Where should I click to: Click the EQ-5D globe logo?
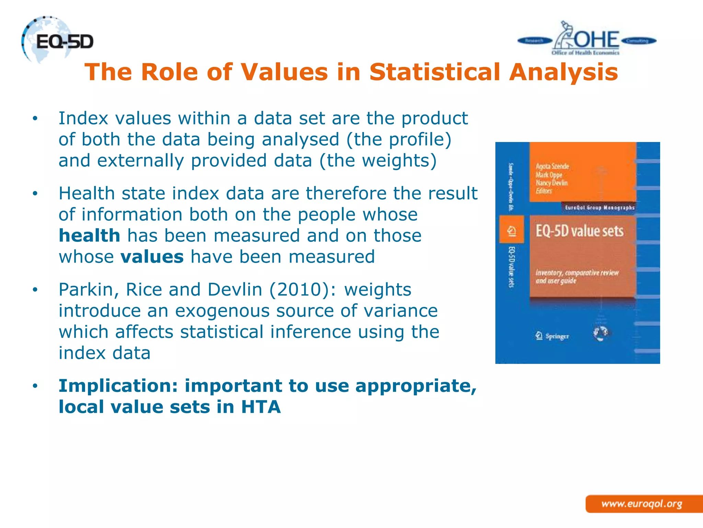pos(57,41)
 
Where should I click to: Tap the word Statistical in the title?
pos(435,72)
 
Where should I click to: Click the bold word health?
pos(89,236)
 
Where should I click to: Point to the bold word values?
pos(152,257)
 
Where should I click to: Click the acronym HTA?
pos(261,407)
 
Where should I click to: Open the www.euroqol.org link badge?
pos(642,504)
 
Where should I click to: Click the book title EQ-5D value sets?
pos(579,231)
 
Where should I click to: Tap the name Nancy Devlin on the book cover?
pos(552,183)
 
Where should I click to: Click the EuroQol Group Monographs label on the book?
pos(600,208)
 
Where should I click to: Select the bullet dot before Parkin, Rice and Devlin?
pos(35,290)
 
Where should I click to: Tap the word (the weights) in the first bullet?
pos(378,161)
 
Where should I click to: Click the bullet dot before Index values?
pos(35,119)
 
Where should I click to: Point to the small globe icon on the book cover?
pos(600,333)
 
